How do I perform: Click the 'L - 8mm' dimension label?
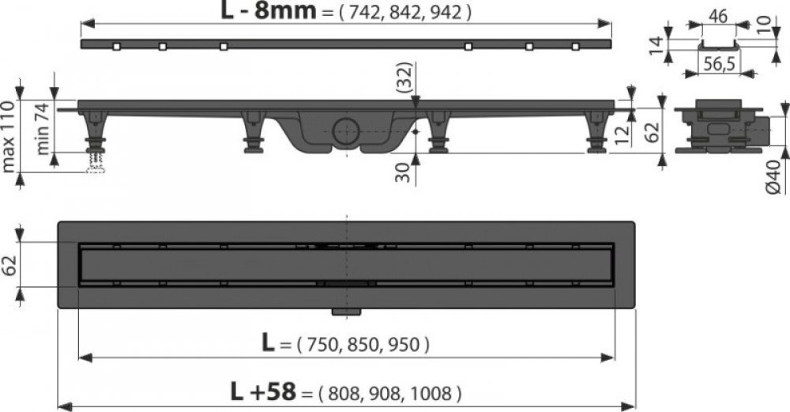click(269, 11)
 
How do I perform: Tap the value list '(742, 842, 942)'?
click(404, 12)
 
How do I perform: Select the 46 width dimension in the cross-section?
click(718, 16)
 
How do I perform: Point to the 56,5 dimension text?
click(718, 65)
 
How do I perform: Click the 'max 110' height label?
click(9, 136)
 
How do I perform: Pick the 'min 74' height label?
click(43, 128)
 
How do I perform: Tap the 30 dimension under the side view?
click(403, 172)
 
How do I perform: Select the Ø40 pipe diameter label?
click(775, 176)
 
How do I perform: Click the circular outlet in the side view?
click(346, 130)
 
